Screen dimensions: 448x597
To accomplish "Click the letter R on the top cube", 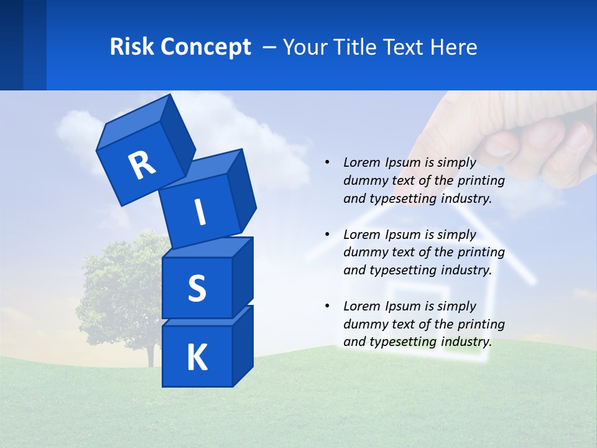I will [142, 166].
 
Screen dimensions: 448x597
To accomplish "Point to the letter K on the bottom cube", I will [197, 358].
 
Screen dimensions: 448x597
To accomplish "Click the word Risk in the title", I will [132, 47].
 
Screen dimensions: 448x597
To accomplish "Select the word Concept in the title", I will [206, 47].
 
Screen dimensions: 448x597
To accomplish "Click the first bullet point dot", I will [327, 162].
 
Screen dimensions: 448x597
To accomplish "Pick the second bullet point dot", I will [327, 235].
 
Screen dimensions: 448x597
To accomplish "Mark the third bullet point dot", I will [327, 306].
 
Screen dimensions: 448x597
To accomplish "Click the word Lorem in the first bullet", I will [361, 162].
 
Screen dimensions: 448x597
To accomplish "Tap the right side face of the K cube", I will [243, 348].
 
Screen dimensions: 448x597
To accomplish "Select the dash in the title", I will [270, 47].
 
